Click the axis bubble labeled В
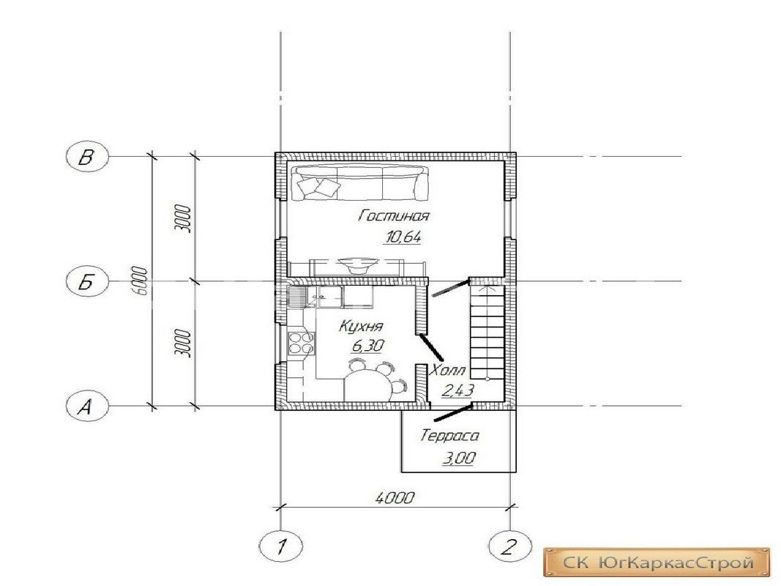(86, 157)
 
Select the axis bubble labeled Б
(86, 282)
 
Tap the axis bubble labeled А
(86, 406)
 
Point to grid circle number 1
(281, 546)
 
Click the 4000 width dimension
(395, 497)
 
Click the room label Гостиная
(394, 216)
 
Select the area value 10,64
(403, 237)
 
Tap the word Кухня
(361, 327)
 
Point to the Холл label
(448, 370)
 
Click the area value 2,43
(457, 390)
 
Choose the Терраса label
(449, 436)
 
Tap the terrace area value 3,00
(459, 457)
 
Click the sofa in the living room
(359, 183)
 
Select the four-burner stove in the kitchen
(301, 344)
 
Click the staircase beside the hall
(486, 330)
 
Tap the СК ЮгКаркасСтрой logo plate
(657, 563)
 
